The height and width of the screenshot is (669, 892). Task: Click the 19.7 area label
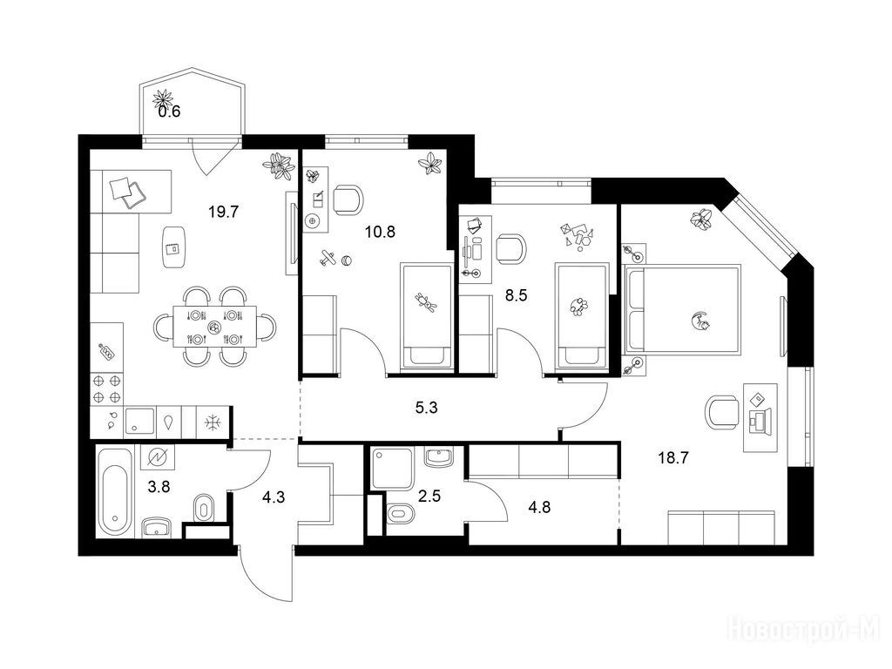click(223, 213)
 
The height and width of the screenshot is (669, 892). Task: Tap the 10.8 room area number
click(380, 232)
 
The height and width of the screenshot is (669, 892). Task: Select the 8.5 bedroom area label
click(516, 295)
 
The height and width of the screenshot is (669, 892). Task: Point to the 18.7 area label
click(673, 457)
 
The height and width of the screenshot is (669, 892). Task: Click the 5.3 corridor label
click(426, 408)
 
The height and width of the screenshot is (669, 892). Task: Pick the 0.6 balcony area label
click(169, 111)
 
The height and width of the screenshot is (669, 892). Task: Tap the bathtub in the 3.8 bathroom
click(115, 491)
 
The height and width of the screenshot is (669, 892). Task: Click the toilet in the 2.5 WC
click(401, 515)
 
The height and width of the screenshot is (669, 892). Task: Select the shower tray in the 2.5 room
click(391, 468)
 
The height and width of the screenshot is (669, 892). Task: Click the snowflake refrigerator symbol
click(213, 422)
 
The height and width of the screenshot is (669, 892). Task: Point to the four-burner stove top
click(107, 389)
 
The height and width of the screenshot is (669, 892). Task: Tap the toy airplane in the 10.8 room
click(327, 258)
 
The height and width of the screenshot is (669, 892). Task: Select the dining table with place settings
click(214, 327)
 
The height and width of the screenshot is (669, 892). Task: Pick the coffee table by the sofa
click(174, 247)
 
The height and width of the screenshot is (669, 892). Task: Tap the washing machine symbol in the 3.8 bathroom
click(157, 457)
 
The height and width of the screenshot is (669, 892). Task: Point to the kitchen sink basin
click(139, 422)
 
